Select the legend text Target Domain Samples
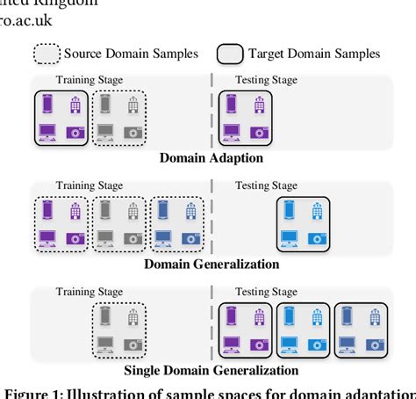tap(313, 54)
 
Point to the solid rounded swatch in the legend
tap(230, 54)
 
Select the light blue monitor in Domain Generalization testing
tap(288, 237)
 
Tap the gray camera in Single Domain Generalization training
tap(133, 344)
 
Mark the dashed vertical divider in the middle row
tap(212, 220)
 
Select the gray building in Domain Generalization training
tap(133, 210)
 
